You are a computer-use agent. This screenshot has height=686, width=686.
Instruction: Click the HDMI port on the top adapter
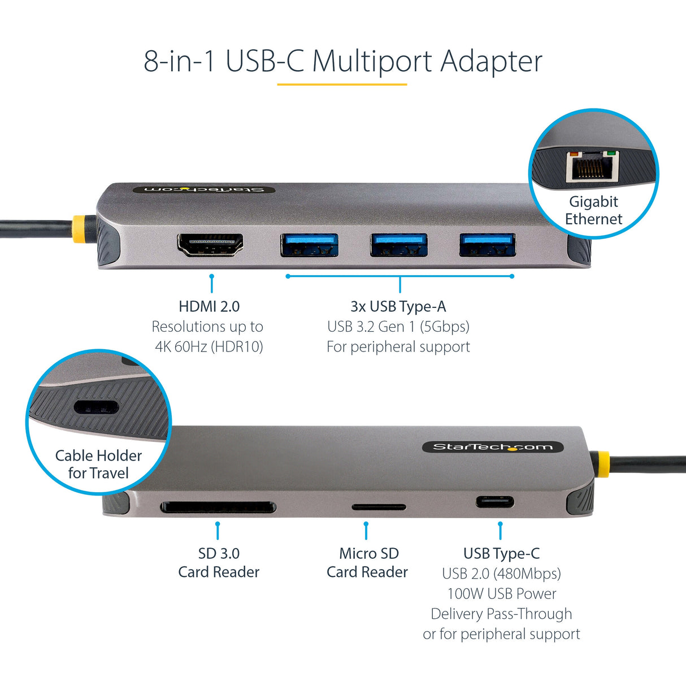[210, 245]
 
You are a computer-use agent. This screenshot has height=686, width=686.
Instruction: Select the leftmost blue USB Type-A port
[309, 245]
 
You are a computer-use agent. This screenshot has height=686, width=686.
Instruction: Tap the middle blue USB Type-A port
[398, 245]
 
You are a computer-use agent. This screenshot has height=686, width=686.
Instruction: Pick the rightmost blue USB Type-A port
[487, 244]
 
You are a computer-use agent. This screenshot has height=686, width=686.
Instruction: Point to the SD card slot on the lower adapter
[218, 507]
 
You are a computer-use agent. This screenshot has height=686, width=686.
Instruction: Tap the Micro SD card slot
[379, 507]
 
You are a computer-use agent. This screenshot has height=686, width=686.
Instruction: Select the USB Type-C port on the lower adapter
[495, 501]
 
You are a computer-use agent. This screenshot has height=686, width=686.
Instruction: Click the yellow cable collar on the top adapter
[79, 229]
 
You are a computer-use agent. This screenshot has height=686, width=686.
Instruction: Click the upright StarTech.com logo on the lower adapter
[493, 447]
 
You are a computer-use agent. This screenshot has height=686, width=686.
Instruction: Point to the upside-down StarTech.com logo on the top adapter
[204, 189]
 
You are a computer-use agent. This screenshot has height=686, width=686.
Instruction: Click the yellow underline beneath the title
[342, 85]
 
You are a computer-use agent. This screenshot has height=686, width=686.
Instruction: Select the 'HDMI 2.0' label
[209, 306]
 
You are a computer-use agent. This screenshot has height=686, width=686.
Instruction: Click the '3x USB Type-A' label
[398, 306]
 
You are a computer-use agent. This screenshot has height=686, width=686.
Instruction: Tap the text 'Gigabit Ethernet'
[593, 210]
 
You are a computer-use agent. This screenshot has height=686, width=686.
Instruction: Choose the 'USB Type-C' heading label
[501, 553]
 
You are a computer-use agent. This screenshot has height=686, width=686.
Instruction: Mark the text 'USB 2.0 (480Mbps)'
[501, 574]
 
